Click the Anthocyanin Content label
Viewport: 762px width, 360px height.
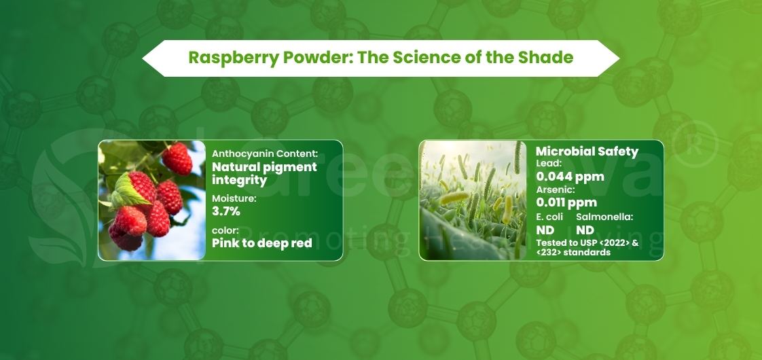click(265, 154)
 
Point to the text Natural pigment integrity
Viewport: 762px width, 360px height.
click(264, 173)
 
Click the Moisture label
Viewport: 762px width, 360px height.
click(233, 198)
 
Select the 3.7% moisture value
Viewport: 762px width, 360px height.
click(228, 212)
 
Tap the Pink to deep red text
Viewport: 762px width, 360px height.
click(261, 243)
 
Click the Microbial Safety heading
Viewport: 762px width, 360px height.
click(587, 151)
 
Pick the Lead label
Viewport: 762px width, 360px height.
click(549, 164)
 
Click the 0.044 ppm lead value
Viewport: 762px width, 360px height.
click(570, 177)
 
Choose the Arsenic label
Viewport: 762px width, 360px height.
click(556, 190)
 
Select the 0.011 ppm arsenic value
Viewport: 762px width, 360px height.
click(566, 202)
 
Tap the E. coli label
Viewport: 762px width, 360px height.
click(549, 217)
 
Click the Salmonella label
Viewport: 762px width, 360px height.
click(604, 217)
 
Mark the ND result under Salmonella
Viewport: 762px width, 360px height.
click(585, 230)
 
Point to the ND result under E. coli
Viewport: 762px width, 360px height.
click(545, 230)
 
